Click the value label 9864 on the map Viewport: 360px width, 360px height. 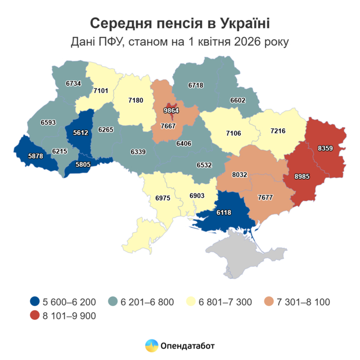tap(171, 111)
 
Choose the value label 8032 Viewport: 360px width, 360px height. tap(240, 174)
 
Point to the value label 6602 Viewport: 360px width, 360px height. tap(238, 101)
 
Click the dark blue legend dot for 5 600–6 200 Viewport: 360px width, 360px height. tap(34, 301)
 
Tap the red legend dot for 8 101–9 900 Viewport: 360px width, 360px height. tap(34, 316)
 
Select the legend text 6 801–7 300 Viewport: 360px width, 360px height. tap(225, 301)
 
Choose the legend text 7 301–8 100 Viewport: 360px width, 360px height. tap(304, 301)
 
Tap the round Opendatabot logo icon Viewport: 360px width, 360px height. tap(151, 346)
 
